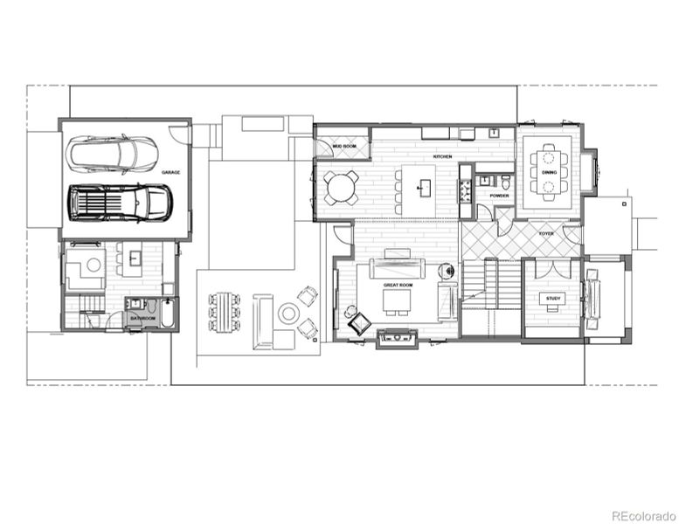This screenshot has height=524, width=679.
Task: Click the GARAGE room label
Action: coord(170,173)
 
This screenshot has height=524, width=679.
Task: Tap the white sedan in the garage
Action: coord(114,154)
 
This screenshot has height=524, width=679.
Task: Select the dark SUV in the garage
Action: coord(121,203)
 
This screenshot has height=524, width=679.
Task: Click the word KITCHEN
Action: coord(442,157)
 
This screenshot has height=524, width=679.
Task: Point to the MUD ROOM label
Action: coord(343,147)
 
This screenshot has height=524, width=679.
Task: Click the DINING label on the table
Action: coord(549,173)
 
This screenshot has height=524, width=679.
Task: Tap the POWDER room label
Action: coord(499,196)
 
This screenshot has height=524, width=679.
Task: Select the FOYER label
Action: coord(546,233)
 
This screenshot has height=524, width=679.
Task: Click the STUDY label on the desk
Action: coord(552,299)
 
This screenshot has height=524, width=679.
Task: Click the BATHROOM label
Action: coord(142,319)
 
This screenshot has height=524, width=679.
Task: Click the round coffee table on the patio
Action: coord(288,312)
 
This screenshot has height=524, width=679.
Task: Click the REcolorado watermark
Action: coord(642,515)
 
